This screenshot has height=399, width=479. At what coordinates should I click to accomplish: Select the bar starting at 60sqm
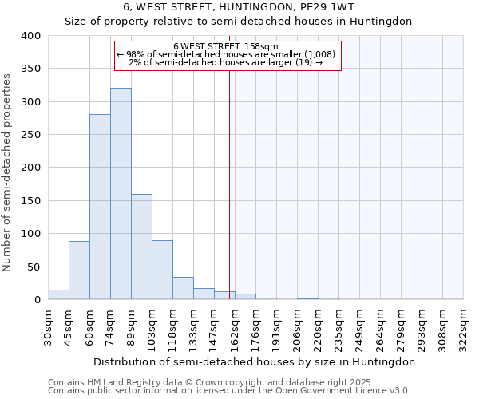point(100,207)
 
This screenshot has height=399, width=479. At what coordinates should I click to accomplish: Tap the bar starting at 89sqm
point(141,247)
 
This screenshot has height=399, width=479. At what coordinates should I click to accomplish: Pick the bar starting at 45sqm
point(79,270)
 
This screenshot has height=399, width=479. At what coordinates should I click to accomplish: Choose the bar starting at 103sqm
point(162,270)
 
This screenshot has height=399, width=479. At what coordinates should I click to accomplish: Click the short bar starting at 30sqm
point(58,294)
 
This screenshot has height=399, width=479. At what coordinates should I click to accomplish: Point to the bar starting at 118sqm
point(183,288)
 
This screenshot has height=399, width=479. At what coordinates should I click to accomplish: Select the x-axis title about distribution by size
point(254,361)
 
